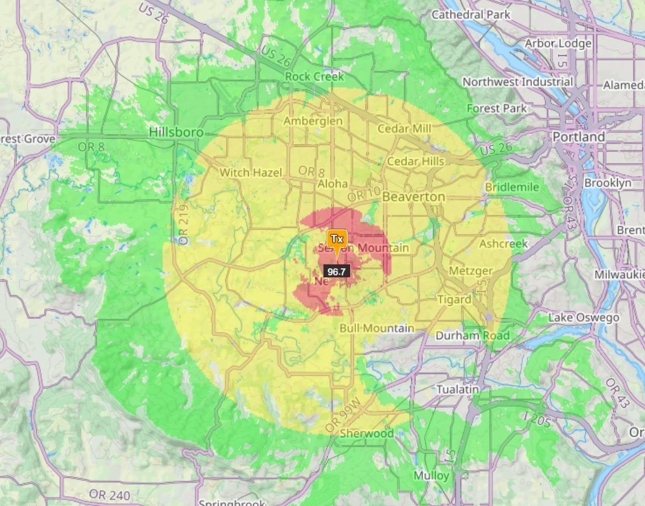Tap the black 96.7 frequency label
pos(336,272)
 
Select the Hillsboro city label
pos(175,133)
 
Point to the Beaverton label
pos(414,196)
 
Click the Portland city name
pos(578,137)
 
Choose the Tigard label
pos(454,299)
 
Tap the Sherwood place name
pos(366,433)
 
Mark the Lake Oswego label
pos(583,318)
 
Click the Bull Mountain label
pos(377,328)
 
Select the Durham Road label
pos(472,336)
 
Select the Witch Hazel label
pos(251,173)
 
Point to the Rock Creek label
pos(314,77)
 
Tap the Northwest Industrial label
pos(518,82)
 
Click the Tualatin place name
pos(457,388)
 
